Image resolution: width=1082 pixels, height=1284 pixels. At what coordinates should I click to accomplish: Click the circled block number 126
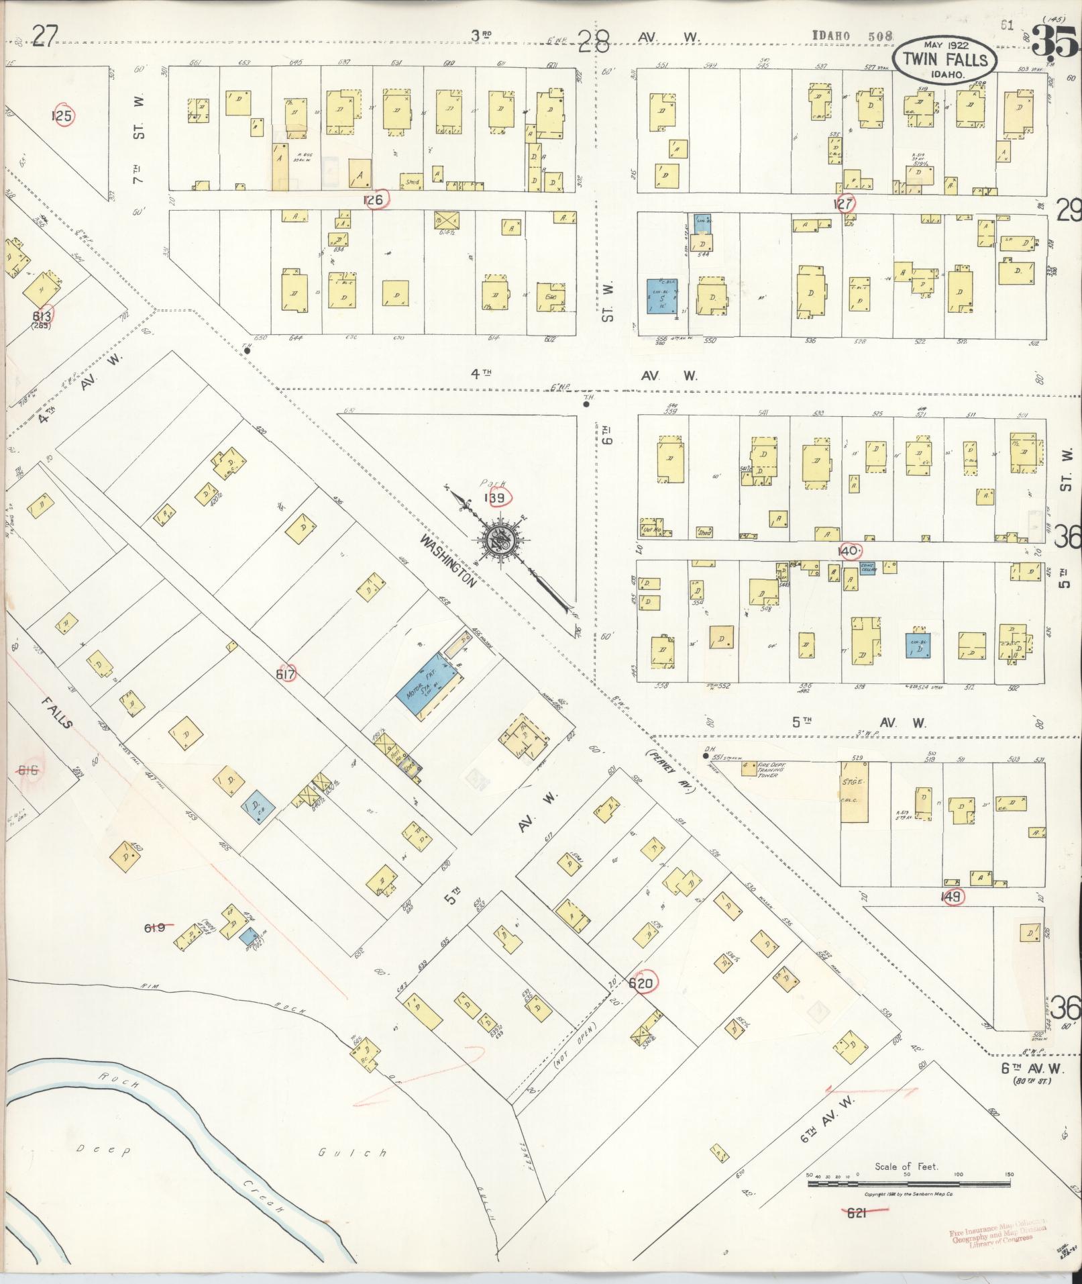coord(374,199)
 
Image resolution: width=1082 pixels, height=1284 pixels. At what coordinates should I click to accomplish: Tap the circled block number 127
coord(843,203)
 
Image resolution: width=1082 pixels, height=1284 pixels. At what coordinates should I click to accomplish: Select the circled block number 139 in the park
coord(496,497)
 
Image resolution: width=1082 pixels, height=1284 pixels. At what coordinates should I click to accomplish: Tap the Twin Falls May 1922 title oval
coord(945,59)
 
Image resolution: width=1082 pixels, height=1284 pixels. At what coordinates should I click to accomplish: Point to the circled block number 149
coord(952,896)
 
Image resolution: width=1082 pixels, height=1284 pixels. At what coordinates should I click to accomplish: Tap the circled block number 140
coord(849,551)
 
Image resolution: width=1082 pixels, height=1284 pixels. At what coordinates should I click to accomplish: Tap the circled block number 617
coord(286,675)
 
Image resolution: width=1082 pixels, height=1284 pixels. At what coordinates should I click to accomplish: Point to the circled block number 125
coord(62,115)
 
